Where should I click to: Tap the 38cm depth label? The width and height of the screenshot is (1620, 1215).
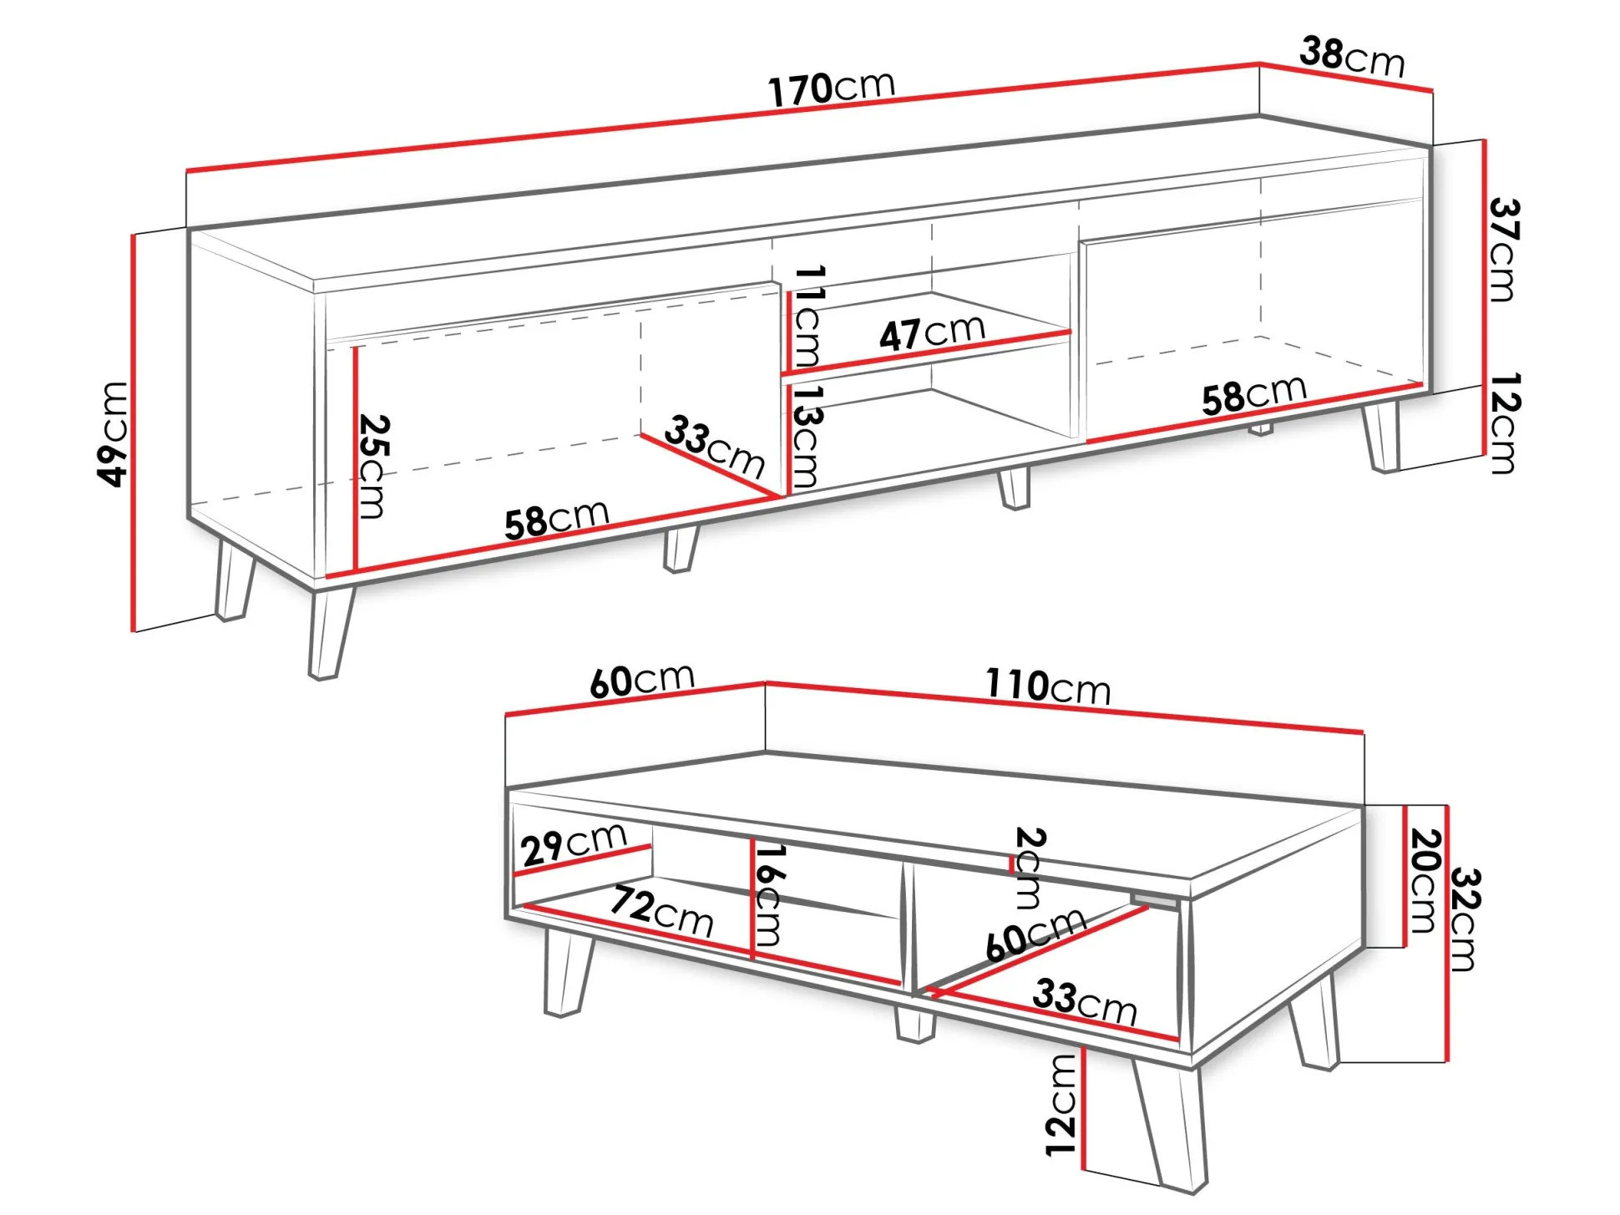[x=1352, y=57]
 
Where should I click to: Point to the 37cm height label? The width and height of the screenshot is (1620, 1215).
[x=1503, y=250]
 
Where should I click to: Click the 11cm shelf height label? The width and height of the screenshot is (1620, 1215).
[x=807, y=316]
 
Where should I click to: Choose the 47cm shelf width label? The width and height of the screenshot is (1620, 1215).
[x=933, y=332]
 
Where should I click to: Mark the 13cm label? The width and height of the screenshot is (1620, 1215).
[x=806, y=436]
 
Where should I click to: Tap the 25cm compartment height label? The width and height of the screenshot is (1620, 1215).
[x=372, y=466]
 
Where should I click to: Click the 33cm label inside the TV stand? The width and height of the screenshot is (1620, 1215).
[x=715, y=448]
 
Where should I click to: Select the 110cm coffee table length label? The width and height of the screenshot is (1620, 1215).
[x=1048, y=686]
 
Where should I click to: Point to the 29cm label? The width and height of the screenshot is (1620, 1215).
[x=574, y=845]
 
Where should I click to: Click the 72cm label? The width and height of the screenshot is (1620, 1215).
[x=662, y=912]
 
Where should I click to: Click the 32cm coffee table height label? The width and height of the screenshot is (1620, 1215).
[x=1465, y=919]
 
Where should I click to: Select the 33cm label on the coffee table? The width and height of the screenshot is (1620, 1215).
[x=1085, y=1002]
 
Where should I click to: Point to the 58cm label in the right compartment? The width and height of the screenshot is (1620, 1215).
[x=1254, y=394]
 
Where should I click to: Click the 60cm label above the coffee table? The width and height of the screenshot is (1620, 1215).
[x=641, y=680]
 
